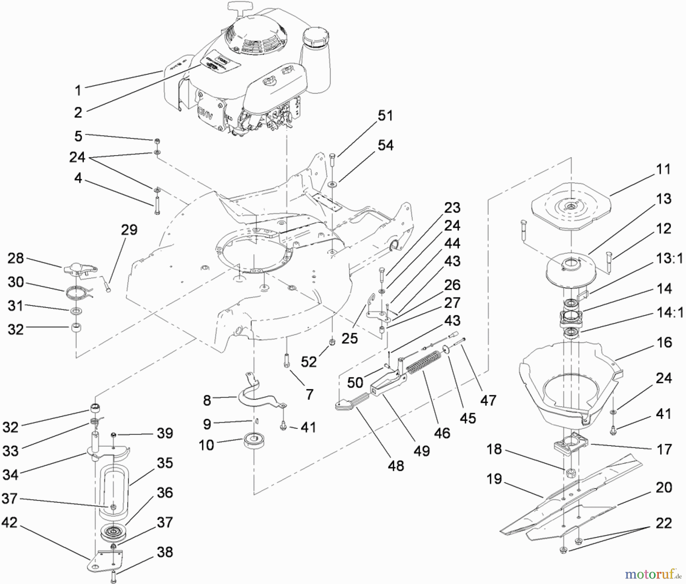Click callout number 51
point(385,115)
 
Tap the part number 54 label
point(385,145)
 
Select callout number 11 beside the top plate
point(664,169)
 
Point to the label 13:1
point(669,258)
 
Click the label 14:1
point(669,312)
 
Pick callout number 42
point(10,523)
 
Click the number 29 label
point(129,230)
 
